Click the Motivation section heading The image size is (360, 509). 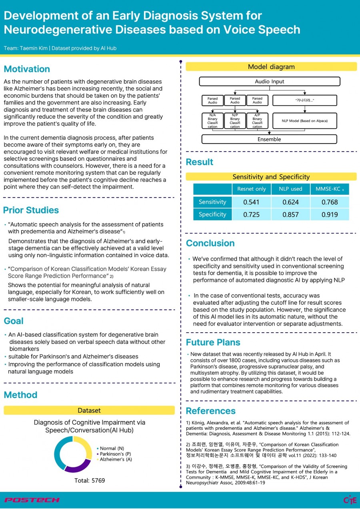coord(27,69)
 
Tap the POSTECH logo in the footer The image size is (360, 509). coord(32,500)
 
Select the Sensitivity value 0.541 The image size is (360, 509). coord(251,202)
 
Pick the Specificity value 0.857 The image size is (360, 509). coord(290,214)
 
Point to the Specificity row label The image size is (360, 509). coord(212,214)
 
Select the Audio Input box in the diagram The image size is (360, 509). coord(269,82)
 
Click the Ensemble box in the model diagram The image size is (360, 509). coord(269,139)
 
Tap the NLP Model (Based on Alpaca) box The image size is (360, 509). coord(304,120)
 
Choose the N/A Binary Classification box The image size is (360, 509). coord(212,121)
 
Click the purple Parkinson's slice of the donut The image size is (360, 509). coord(77,465)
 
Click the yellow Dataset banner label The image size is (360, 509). coord(89,410)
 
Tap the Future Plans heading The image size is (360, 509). coord(213,342)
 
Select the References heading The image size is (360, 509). coord(210,411)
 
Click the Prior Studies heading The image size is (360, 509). coord(31,210)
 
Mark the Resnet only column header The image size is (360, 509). coord(251,189)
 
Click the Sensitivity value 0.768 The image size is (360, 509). coord(330,202)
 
